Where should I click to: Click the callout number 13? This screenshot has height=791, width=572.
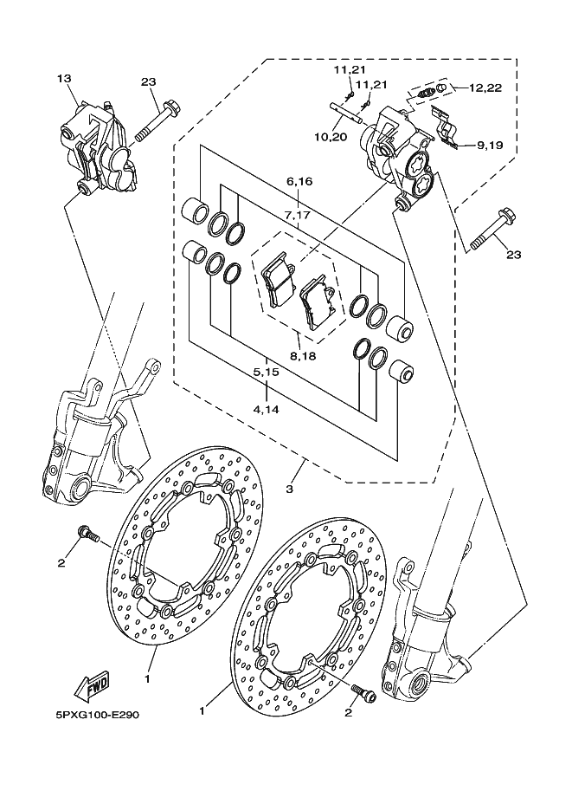[x=63, y=79]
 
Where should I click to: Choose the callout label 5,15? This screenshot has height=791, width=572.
[x=265, y=372]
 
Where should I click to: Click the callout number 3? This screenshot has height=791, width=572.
[x=289, y=490]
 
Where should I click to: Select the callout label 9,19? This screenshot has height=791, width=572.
[x=489, y=146]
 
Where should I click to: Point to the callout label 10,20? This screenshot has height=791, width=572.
[x=331, y=137]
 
